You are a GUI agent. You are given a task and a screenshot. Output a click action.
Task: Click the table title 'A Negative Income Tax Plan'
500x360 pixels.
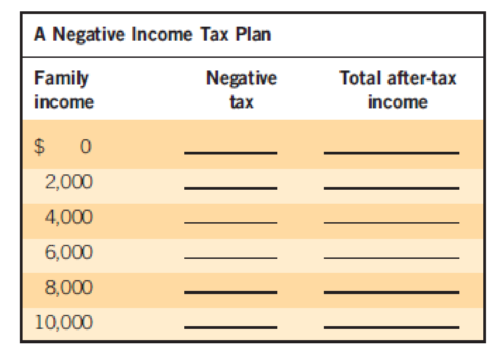tap(152, 35)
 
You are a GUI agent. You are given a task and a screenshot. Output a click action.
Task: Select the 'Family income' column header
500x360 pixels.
tap(64, 90)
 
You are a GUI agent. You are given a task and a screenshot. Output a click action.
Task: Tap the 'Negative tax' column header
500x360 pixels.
tap(241, 90)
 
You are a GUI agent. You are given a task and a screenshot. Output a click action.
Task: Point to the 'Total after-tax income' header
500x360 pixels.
tap(397, 90)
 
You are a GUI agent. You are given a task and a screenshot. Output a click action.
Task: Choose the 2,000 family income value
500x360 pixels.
tap(69, 182)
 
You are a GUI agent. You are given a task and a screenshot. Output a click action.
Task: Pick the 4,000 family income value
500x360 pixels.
tap(69, 217)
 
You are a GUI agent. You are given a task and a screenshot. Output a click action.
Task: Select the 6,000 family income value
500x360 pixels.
tap(69, 252)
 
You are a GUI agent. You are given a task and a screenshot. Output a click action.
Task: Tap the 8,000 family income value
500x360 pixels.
tap(69, 287)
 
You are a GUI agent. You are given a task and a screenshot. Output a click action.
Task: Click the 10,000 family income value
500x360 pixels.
tap(64, 322)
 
